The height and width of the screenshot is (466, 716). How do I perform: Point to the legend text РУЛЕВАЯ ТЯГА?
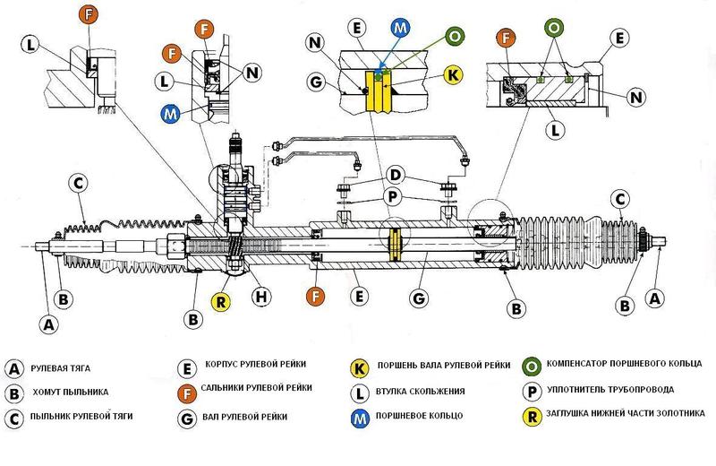pos(61,368)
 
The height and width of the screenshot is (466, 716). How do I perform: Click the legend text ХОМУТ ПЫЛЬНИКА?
pos(71,393)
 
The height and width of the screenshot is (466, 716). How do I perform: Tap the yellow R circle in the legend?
pos(533,415)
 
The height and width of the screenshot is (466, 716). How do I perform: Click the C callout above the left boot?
pos(79,183)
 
